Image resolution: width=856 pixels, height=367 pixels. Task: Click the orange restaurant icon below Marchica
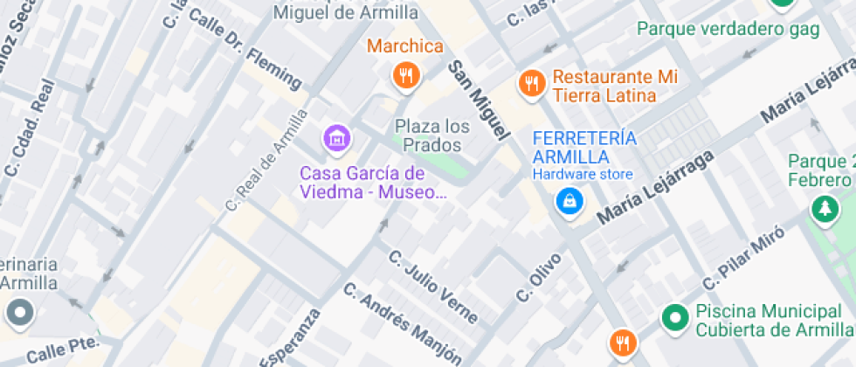coord(404,76)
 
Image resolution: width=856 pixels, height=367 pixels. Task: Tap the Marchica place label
coord(404,46)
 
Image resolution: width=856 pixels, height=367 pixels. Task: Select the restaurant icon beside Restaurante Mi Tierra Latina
coord(531,84)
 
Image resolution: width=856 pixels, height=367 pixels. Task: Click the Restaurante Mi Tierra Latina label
coord(604,86)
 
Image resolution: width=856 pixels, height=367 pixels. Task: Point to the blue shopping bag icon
coord(570,202)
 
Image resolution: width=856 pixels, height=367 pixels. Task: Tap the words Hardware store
coord(583,175)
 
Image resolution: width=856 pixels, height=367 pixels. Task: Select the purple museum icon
coord(336,137)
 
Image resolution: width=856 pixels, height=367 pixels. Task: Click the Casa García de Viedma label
coord(362,182)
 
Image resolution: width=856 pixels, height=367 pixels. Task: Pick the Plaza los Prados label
coord(431,135)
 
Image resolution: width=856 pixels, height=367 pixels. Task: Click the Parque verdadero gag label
coord(728,29)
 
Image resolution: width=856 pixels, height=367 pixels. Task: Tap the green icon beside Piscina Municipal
coord(674,319)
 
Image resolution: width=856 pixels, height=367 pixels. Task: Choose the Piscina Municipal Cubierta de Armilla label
coord(774,320)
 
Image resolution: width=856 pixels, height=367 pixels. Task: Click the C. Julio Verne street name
coord(433,286)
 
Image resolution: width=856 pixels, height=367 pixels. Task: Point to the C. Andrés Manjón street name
coord(402,322)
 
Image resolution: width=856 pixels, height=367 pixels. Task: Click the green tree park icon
coord(822,208)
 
